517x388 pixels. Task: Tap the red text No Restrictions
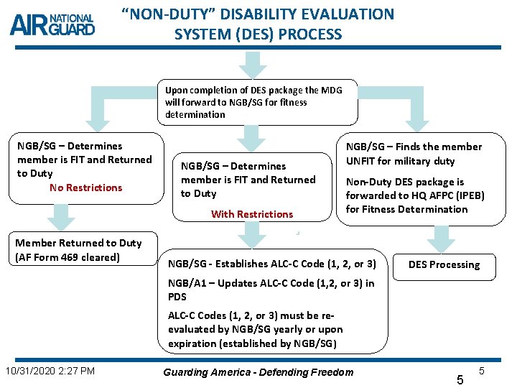(85, 188)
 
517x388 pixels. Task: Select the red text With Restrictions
(251, 214)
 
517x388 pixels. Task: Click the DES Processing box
(444, 264)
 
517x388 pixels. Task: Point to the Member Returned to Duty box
(79, 250)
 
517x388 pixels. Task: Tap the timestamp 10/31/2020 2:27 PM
(50, 371)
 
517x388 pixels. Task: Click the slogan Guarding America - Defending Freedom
(258, 371)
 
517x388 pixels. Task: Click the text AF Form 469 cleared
(69, 257)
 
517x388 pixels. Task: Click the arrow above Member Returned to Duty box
(52, 218)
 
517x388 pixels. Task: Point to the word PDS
(177, 297)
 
